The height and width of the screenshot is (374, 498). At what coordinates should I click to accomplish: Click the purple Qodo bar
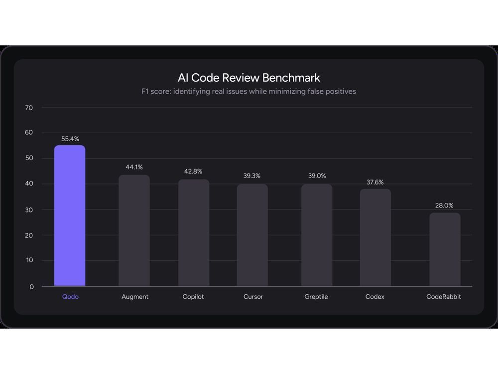pyautogui.click(x=70, y=216)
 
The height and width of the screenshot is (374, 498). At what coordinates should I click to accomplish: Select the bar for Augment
pyautogui.click(x=134, y=230)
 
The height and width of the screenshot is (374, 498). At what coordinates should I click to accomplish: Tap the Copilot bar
pyautogui.click(x=194, y=233)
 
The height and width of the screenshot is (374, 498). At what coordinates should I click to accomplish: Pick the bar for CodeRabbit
pyautogui.click(x=445, y=249)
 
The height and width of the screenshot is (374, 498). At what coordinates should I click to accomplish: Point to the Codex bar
pyautogui.click(x=375, y=237)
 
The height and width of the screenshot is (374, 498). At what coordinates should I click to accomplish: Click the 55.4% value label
pyautogui.click(x=70, y=139)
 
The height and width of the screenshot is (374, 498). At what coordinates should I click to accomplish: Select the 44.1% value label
pyautogui.click(x=134, y=167)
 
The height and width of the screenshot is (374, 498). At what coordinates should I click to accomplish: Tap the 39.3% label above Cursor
pyautogui.click(x=252, y=176)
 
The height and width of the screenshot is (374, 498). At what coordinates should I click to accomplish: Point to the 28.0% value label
pyautogui.click(x=445, y=205)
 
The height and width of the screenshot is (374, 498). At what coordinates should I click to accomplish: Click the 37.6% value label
pyautogui.click(x=375, y=183)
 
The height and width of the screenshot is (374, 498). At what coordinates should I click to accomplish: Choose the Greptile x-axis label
pyautogui.click(x=317, y=297)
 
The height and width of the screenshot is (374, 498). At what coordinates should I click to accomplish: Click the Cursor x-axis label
pyautogui.click(x=253, y=297)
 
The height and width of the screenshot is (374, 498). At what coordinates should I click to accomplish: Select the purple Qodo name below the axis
pyautogui.click(x=70, y=297)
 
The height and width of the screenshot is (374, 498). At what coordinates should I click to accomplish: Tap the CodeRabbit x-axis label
pyautogui.click(x=444, y=297)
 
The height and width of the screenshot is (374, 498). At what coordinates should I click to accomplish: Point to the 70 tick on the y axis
pyautogui.click(x=29, y=108)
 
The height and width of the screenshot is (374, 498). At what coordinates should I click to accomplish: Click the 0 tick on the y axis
pyautogui.click(x=32, y=287)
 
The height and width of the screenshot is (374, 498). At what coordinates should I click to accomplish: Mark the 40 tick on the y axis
pyautogui.click(x=29, y=184)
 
